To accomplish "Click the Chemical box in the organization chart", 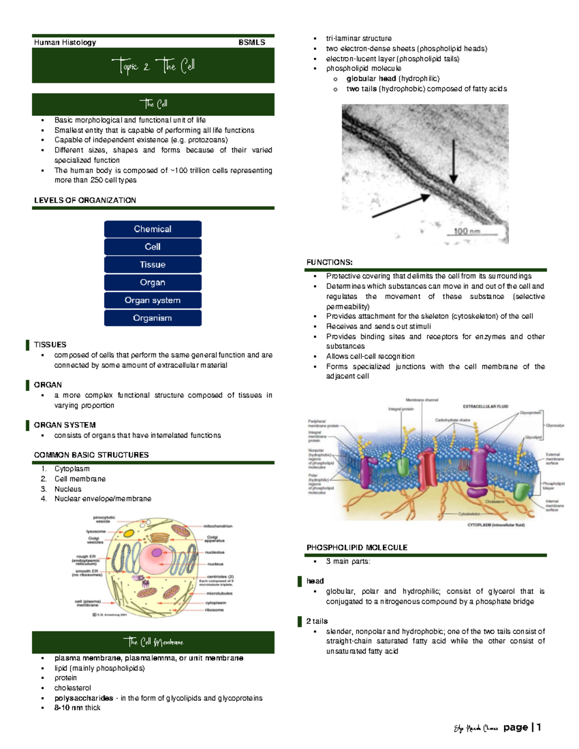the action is [x=152, y=229].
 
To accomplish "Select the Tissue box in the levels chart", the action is [x=152, y=265].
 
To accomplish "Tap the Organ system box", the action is [x=152, y=300].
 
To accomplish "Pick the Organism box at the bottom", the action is [x=152, y=318].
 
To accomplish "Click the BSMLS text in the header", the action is [x=251, y=42].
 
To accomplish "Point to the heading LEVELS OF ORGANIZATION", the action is [x=85, y=200].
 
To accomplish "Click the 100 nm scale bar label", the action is [x=467, y=231].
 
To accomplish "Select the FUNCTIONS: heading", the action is [x=330, y=262].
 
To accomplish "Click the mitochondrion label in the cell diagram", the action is [x=218, y=526].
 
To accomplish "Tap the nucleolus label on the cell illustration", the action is [x=215, y=552].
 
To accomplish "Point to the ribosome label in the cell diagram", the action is [x=214, y=610].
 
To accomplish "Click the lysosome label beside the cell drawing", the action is [x=96, y=531].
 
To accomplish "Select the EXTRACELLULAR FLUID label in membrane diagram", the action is [x=485, y=407].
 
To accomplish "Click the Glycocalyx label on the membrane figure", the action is [x=554, y=426].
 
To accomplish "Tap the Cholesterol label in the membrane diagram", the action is [x=495, y=502].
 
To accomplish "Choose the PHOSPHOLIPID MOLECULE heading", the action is [x=357, y=547].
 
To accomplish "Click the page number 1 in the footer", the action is [x=538, y=727].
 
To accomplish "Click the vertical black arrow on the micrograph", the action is [x=454, y=162].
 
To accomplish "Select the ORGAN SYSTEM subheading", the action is [x=65, y=425].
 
